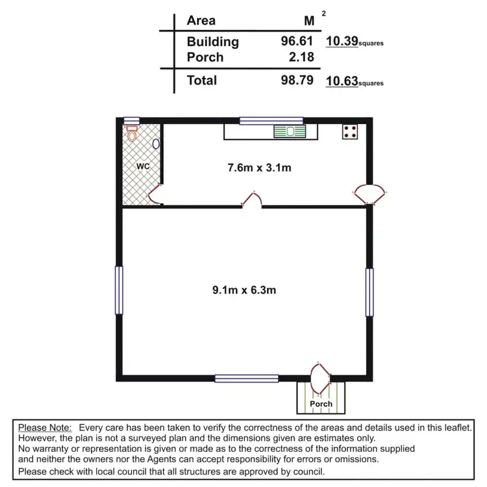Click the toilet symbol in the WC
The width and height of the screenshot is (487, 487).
coord(132,134)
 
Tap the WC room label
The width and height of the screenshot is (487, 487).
coord(143,166)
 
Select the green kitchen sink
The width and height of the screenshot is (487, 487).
coord(290,132)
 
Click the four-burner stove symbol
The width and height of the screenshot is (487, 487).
coord(350,132)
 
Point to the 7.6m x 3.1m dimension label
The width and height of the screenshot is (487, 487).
coord(259,168)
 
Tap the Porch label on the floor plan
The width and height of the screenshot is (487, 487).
coord(321,404)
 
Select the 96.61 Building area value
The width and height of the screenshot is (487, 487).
coord(296,42)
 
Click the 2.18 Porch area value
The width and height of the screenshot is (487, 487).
coord(302,57)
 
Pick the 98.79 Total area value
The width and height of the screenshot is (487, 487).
coord(296,81)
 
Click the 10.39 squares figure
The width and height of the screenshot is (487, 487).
coord(341,42)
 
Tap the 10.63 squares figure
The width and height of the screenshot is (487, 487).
coord(341,81)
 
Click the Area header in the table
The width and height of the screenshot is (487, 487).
coord(201,20)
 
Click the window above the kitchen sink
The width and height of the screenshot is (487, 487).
coord(271,120)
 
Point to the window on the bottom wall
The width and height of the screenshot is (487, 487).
coord(247,378)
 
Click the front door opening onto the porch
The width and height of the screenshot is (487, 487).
coord(321,379)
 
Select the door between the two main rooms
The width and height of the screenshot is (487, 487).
coord(253,199)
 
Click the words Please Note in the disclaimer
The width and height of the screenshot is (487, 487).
coord(45,428)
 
